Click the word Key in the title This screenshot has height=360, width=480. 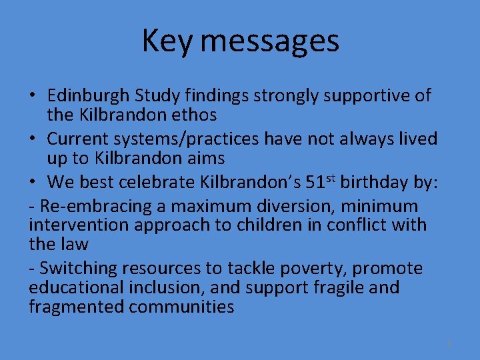click(167, 41)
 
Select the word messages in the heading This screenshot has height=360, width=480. click(269, 41)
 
